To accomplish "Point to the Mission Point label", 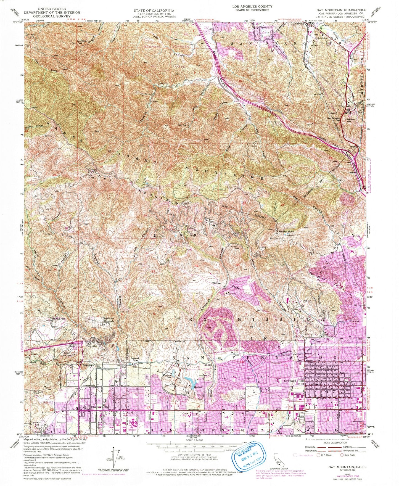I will click(287, 231).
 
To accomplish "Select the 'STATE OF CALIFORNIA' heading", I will click(154, 10).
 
